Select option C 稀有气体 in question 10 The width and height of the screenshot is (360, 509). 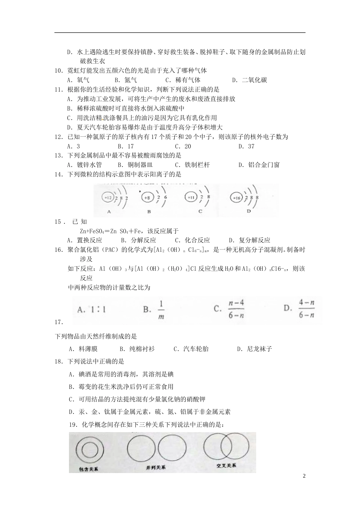pyautogui.click(x=183, y=80)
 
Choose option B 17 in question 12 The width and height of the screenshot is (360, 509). pyautogui.click(x=125, y=147)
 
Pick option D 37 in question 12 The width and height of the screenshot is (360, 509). pyautogui.click(x=246, y=147)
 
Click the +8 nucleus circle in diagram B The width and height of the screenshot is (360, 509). pyautogui.click(x=148, y=197)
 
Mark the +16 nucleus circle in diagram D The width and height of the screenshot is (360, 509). pyautogui.click(x=236, y=197)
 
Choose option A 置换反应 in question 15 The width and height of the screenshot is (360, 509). pyautogui.click(x=85, y=240)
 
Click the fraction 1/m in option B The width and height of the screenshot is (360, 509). pyautogui.click(x=161, y=310)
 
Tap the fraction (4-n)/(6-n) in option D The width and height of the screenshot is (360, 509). pyautogui.click(x=307, y=309)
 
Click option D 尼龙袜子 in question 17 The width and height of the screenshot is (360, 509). pyautogui.click(x=254, y=349)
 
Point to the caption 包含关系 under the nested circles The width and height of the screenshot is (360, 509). pyautogui.click(x=89, y=469)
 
